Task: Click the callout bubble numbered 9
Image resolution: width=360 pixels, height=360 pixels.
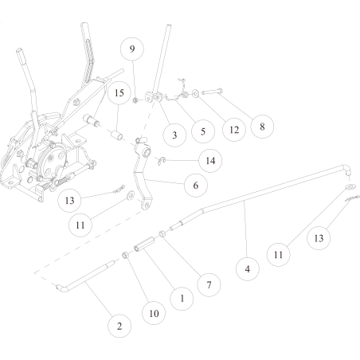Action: click(x=132, y=49)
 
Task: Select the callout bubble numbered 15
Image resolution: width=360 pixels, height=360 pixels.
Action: click(x=119, y=93)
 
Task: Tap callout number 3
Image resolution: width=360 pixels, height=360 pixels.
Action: click(x=174, y=135)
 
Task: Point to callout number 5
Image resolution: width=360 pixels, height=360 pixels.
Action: click(x=203, y=131)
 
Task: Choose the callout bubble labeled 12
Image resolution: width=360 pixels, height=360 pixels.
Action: click(x=234, y=130)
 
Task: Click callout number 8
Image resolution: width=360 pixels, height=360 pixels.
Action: click(x=262, y=127)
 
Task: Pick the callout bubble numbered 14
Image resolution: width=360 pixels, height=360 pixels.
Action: click(x=210, y=161)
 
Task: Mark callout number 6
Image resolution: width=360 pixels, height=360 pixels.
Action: click(x=196, y=186)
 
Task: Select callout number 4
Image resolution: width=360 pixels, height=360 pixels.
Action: click(x=248, y=269)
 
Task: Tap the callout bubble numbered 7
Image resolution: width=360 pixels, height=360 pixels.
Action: click(x=209, y=285)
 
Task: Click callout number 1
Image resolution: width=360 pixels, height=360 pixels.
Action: click(x=182, y=299)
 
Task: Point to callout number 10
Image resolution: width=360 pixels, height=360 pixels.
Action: click(x=154, y=313)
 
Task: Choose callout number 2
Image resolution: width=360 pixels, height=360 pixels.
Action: click(x=119, y=326)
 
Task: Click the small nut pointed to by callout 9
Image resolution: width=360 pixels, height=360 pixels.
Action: click(x=135, y=100)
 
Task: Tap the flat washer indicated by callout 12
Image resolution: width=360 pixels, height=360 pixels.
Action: click(x=196, y=93)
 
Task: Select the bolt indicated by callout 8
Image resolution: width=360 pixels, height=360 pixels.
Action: click(x=212, y=92)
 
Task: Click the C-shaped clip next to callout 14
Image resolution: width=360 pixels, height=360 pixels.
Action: click(x=162, y=161)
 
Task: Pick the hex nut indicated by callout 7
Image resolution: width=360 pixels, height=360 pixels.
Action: click(x=162, y=234)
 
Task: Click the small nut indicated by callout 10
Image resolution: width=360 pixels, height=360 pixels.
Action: click(x=126, y=255)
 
